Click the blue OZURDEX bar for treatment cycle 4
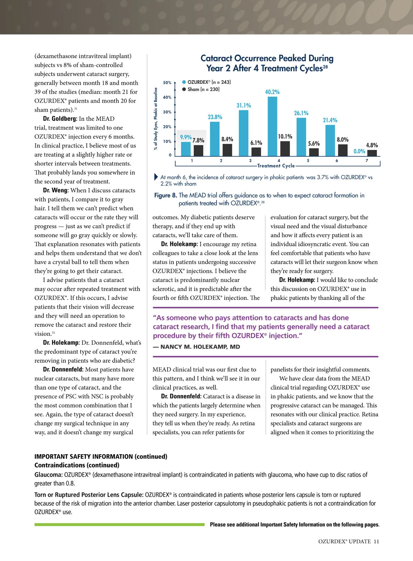click(272, 126)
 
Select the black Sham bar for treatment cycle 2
click(227, 150)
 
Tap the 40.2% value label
click(272, 92)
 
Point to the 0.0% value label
click(359, 151)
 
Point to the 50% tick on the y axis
click(167, 83)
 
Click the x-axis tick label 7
click(367, 161)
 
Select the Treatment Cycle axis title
click(276, 166)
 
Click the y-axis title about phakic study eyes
click(156, 119)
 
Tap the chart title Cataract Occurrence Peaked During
click(267, 58)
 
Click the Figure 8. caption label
click(166, 195)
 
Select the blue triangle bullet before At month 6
click(156, 177)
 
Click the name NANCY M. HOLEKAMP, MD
click(200, 347)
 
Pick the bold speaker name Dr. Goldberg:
click(60, 119)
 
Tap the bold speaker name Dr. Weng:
click(56, 190)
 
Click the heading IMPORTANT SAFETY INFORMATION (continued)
click(101, 456)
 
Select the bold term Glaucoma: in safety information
click(48, 475)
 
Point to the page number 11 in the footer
click(376, 541)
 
